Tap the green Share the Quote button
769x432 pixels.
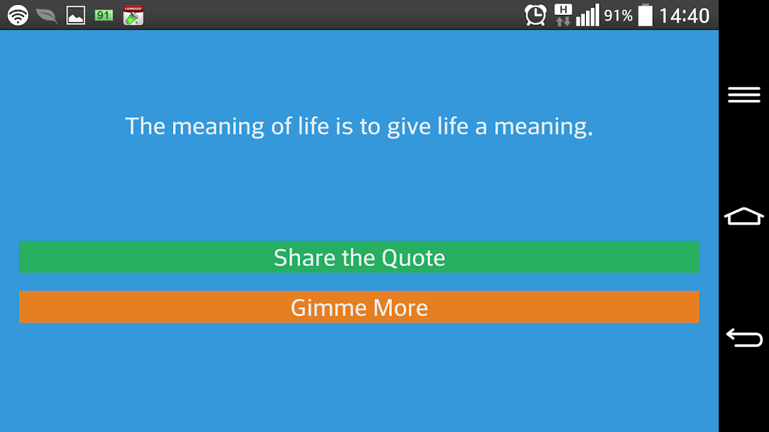click(x=359, y=256)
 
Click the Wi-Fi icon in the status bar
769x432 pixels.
click(x=18, y=15)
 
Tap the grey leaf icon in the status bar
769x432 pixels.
click(x=47, y=16)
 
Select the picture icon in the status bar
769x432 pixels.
click(x=76, y=16)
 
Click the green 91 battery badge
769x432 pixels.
click(x=104, y=15)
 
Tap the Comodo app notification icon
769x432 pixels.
click(x=133, y=15)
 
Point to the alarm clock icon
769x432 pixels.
click(x=535, y=15)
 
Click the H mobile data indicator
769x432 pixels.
click(x=563, y=15)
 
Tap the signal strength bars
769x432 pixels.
click(x=587, y=15)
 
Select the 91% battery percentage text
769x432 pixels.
click(x=618, y=16)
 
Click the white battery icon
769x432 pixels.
click(x=645, y=15)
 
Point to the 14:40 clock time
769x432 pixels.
click(x=684, y=16)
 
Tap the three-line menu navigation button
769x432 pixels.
click(x=744, y=94)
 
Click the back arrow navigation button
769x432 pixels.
click(x=744, y=337)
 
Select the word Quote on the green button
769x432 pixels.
click(x=414, y=258)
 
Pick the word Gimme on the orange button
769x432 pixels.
click(x=328, y=308)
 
